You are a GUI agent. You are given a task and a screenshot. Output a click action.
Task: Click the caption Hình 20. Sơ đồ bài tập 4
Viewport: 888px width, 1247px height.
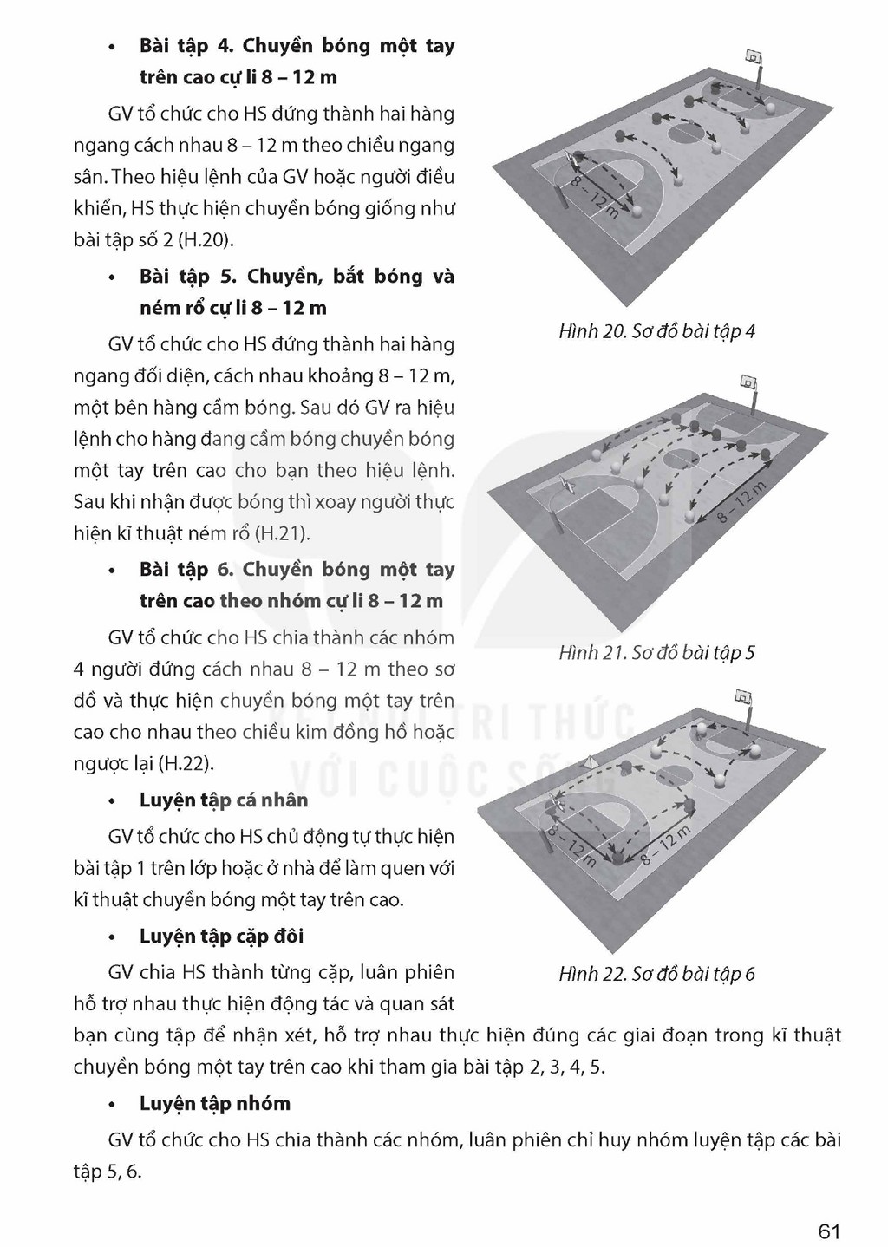pyautogui.click(x=657, y=332)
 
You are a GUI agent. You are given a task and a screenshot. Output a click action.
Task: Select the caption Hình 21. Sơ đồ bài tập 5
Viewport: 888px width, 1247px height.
pyautogui.click(x=657, y=652)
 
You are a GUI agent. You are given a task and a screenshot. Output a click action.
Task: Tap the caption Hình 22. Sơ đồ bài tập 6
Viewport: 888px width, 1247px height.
pyautogui.click(x=657, y=973)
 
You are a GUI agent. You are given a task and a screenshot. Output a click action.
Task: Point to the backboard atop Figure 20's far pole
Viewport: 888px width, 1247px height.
pyautogui.click(x=754, y=56)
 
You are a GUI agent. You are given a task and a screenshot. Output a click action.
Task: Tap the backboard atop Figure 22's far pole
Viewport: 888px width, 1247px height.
pyautogui.click(x=742, y=696)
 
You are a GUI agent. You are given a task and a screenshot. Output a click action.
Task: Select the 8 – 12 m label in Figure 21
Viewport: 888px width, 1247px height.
pyautogui.click(x=741, y=503)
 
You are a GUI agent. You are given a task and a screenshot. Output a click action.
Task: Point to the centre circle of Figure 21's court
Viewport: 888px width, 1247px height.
pyautogui.click(x=682, y=458)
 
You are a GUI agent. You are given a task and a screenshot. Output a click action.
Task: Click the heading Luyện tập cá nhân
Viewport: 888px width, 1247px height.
pyautogui.click(x=224, y=800)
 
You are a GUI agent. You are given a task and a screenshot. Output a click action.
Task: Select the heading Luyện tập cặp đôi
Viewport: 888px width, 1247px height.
pyautogui.click(x=222, y=936)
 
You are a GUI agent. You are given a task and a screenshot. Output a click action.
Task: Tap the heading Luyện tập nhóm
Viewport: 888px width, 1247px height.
pyautogui.click(x=215, y=1103)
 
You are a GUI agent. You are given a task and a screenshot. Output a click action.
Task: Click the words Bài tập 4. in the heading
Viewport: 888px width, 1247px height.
pyautogui.click(x=186, y=46)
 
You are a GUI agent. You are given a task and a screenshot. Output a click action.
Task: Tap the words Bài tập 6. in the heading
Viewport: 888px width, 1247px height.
pyautogui.click(x=186, y=570)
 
